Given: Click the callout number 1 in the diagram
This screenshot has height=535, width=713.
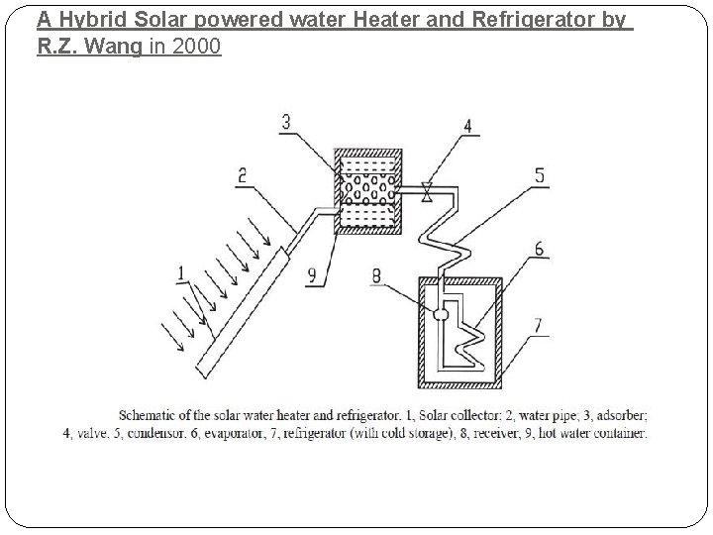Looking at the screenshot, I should (x=180, y=271).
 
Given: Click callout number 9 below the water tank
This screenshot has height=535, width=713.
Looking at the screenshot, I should (x=312, y=277).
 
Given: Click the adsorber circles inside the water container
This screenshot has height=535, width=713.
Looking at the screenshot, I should (x=368, y=188).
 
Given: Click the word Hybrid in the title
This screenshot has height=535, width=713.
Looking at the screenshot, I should (x=90, y=19).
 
